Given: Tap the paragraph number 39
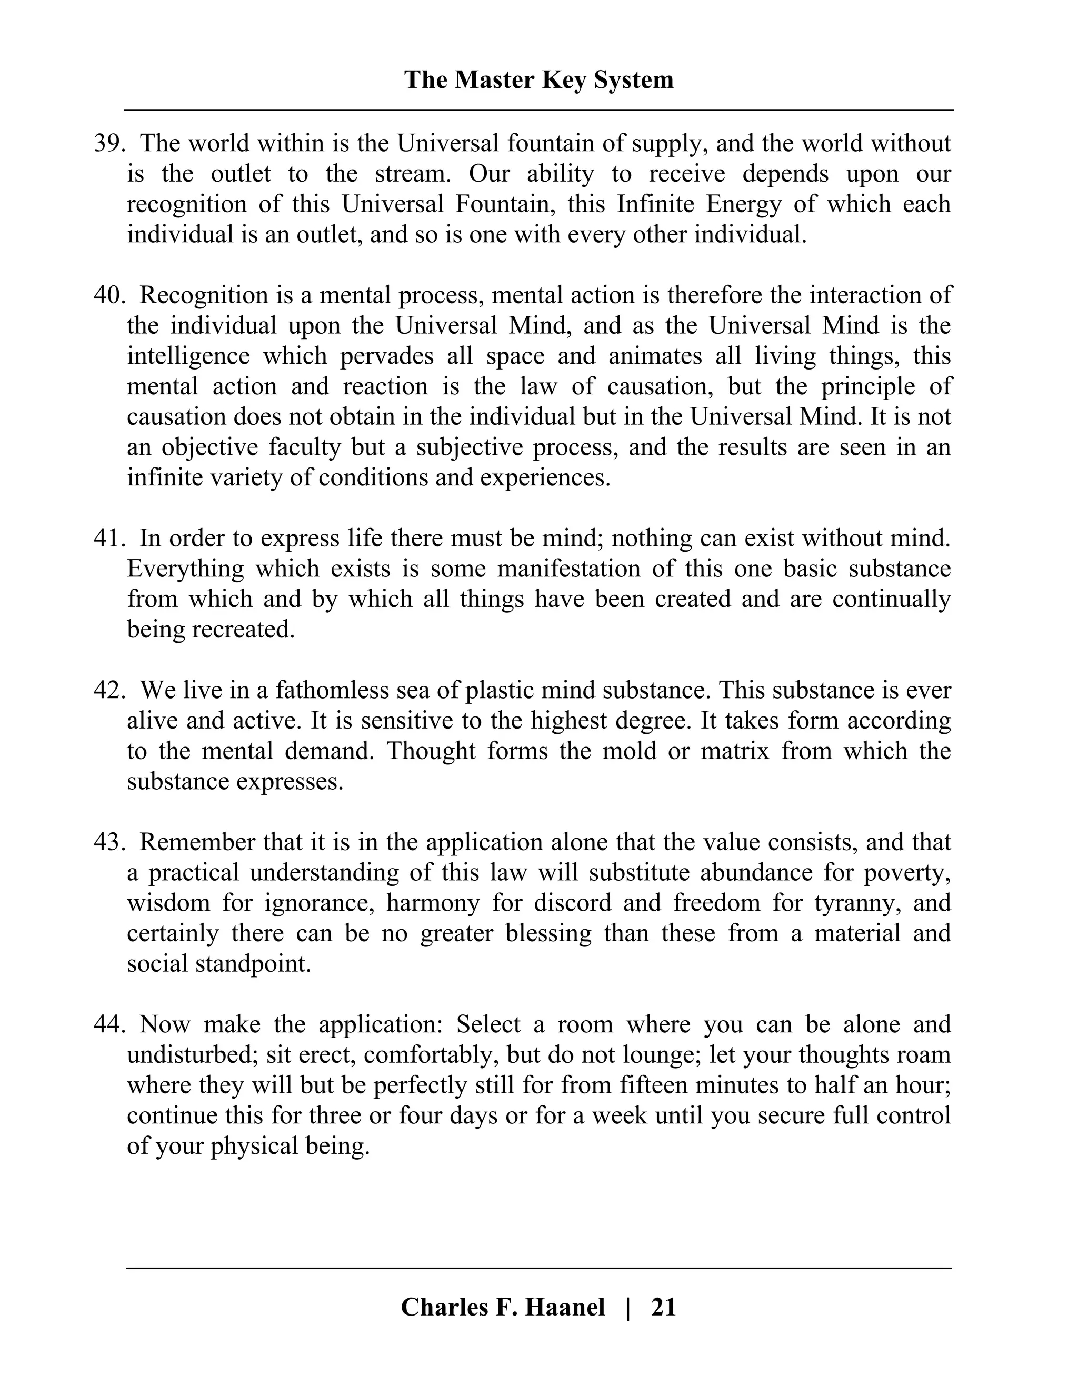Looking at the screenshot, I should tap(107, 143).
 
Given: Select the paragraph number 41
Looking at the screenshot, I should tap(107, 539).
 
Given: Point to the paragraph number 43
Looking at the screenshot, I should tap(107, 842).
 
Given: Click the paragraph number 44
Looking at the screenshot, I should tap(107, 1024).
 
